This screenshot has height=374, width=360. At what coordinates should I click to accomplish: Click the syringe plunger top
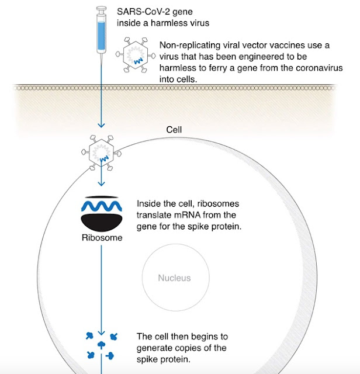[x=101, y=9]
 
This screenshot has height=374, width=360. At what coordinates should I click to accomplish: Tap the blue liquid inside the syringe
[x=101, y=36]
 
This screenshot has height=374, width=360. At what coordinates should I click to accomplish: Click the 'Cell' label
[x=174, y=130]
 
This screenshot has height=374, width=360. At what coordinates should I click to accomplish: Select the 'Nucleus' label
[x=174, y=278]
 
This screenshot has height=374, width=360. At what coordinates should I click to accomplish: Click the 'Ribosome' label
[x=102, y=238]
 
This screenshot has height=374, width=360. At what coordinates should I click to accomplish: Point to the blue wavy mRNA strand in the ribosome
[x=101, y=206]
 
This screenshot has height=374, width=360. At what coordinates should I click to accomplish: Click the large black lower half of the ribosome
[x=102, y=223]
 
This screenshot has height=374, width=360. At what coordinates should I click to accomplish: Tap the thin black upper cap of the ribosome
[x=102, y=198]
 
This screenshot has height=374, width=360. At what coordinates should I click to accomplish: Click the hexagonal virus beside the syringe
[x=136, y=55]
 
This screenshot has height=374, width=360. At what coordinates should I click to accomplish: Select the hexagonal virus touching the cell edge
[x=101, y=153]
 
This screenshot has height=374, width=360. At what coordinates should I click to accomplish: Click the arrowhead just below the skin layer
[x=101, y=125]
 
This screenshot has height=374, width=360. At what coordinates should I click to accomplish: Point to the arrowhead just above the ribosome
[x=101, y=183]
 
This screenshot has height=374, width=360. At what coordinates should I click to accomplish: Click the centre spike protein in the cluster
[x=101, y=345]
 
